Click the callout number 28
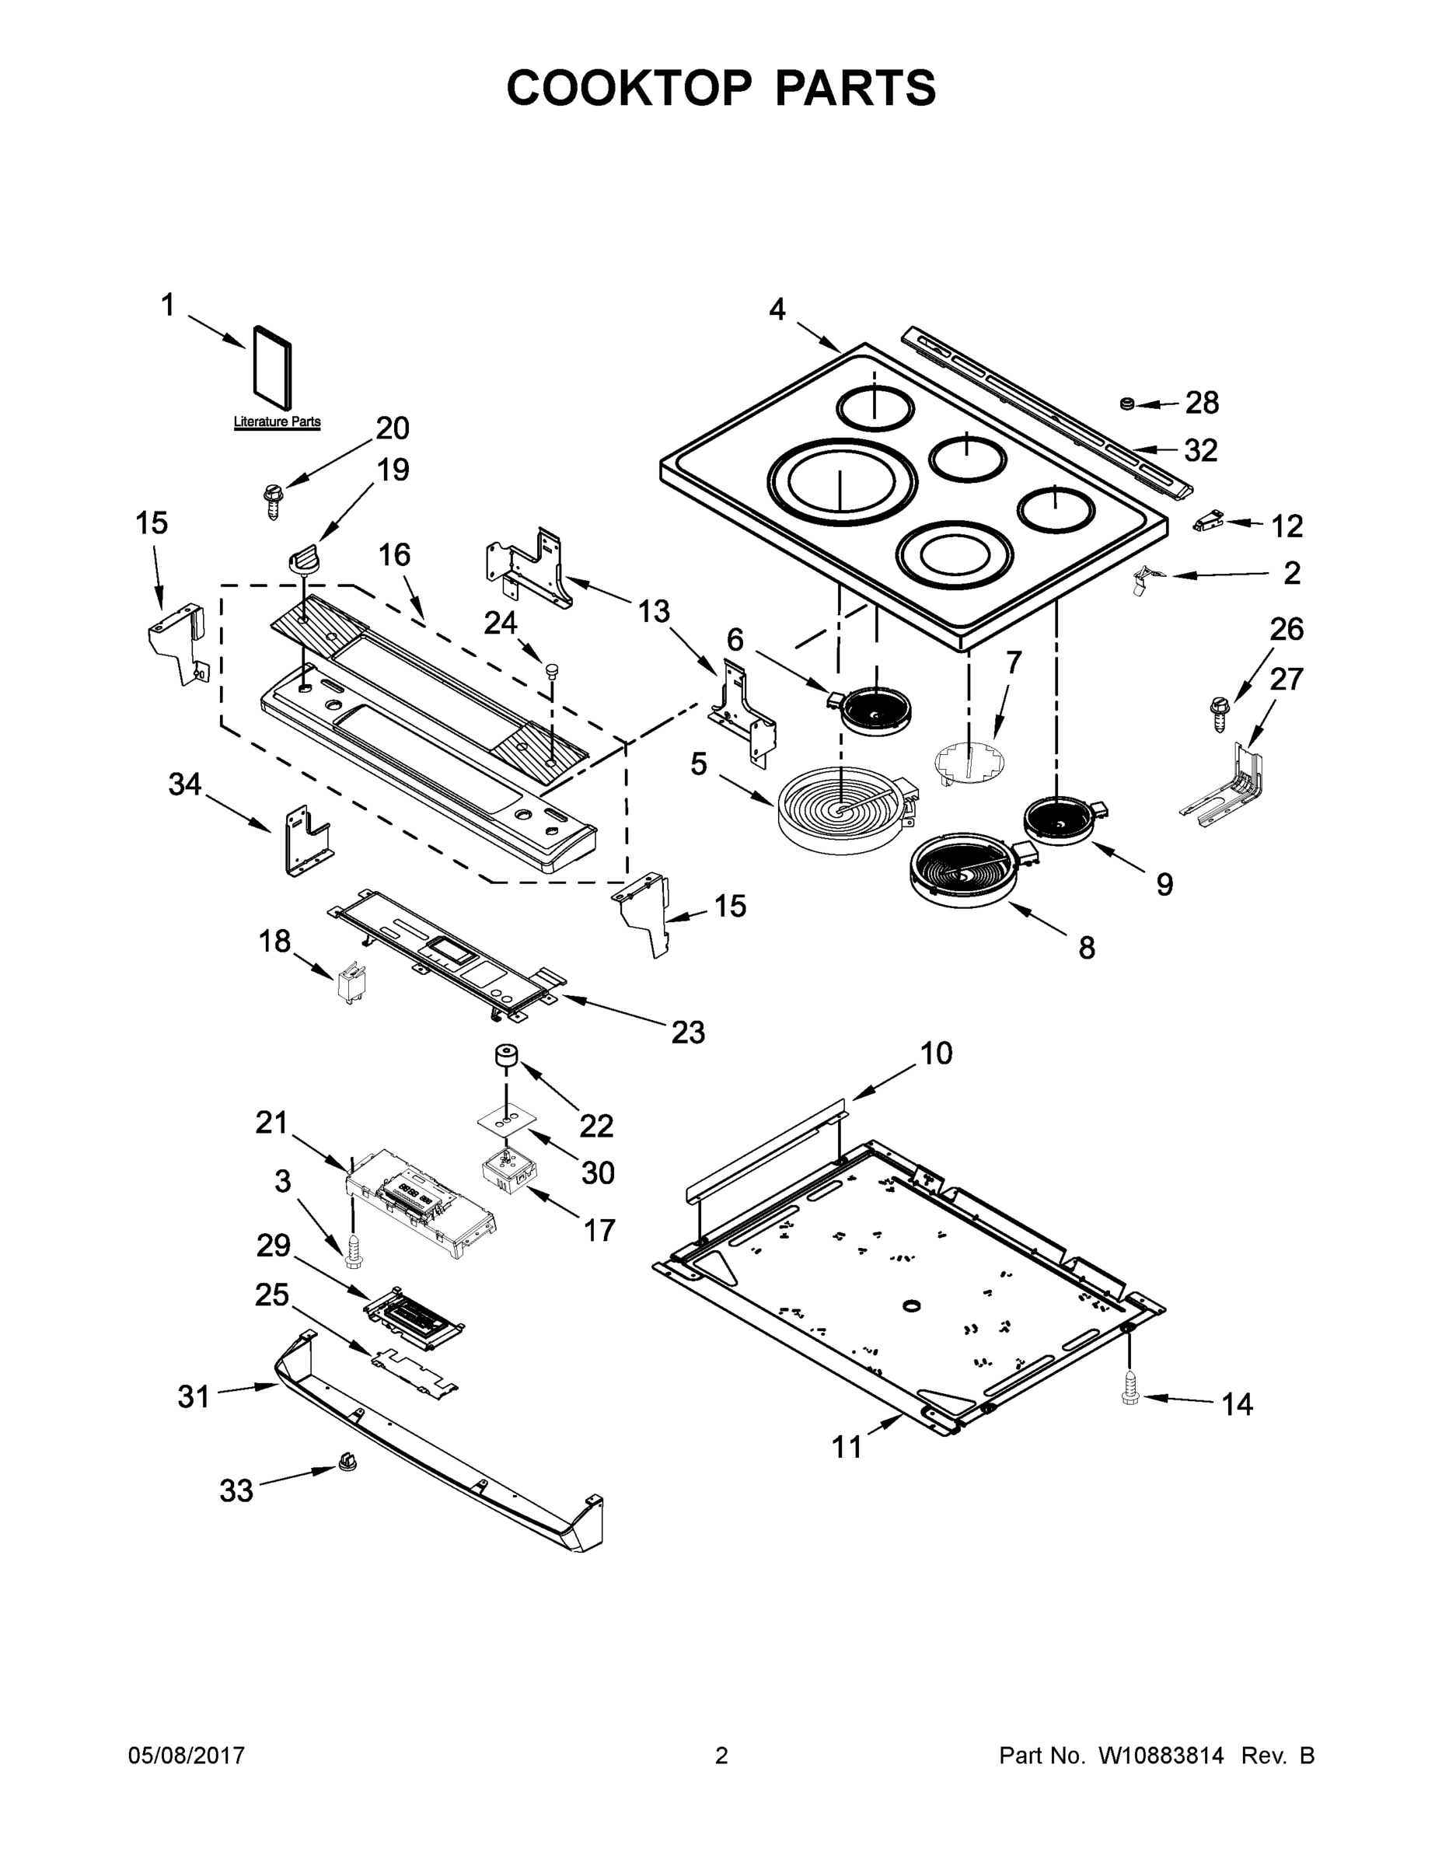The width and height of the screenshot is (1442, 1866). (x=1201, y=404)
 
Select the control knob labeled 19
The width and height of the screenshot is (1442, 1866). (x=304, y=561)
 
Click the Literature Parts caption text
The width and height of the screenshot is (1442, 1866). (x=278, y=422)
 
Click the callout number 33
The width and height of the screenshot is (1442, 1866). (x=236, y=1491)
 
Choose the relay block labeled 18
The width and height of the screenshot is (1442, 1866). (x=347, y=983)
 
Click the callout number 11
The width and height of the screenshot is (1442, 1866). (x=847, y=1448)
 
